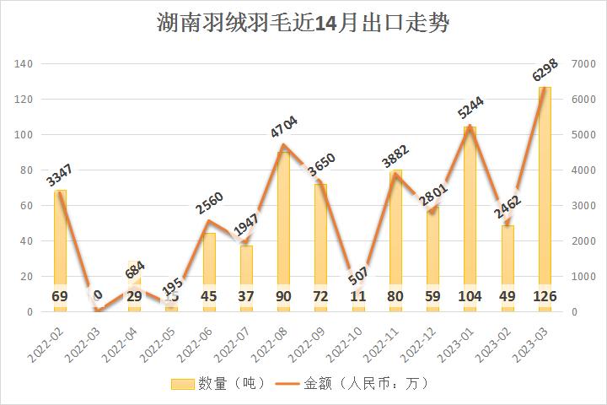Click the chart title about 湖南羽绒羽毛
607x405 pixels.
pyautogui.click(x=303, y=24)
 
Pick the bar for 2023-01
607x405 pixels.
pyautogui.click(x=470, y=219)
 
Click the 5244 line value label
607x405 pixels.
pyautogui.click(x=470, y=108)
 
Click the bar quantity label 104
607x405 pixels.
pyautogui.click(x=470, y=296)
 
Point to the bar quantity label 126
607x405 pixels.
pyautogui.click(x=545, y=296)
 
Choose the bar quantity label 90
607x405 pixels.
pyautogui.click(x=284, y=296)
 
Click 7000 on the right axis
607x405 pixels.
pyautogui.click(x=583, y=64)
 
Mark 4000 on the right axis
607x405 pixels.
pyautogui.click(x=583, y=170)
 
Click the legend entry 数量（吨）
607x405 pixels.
pyautogui.click(x=218, y=384)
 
